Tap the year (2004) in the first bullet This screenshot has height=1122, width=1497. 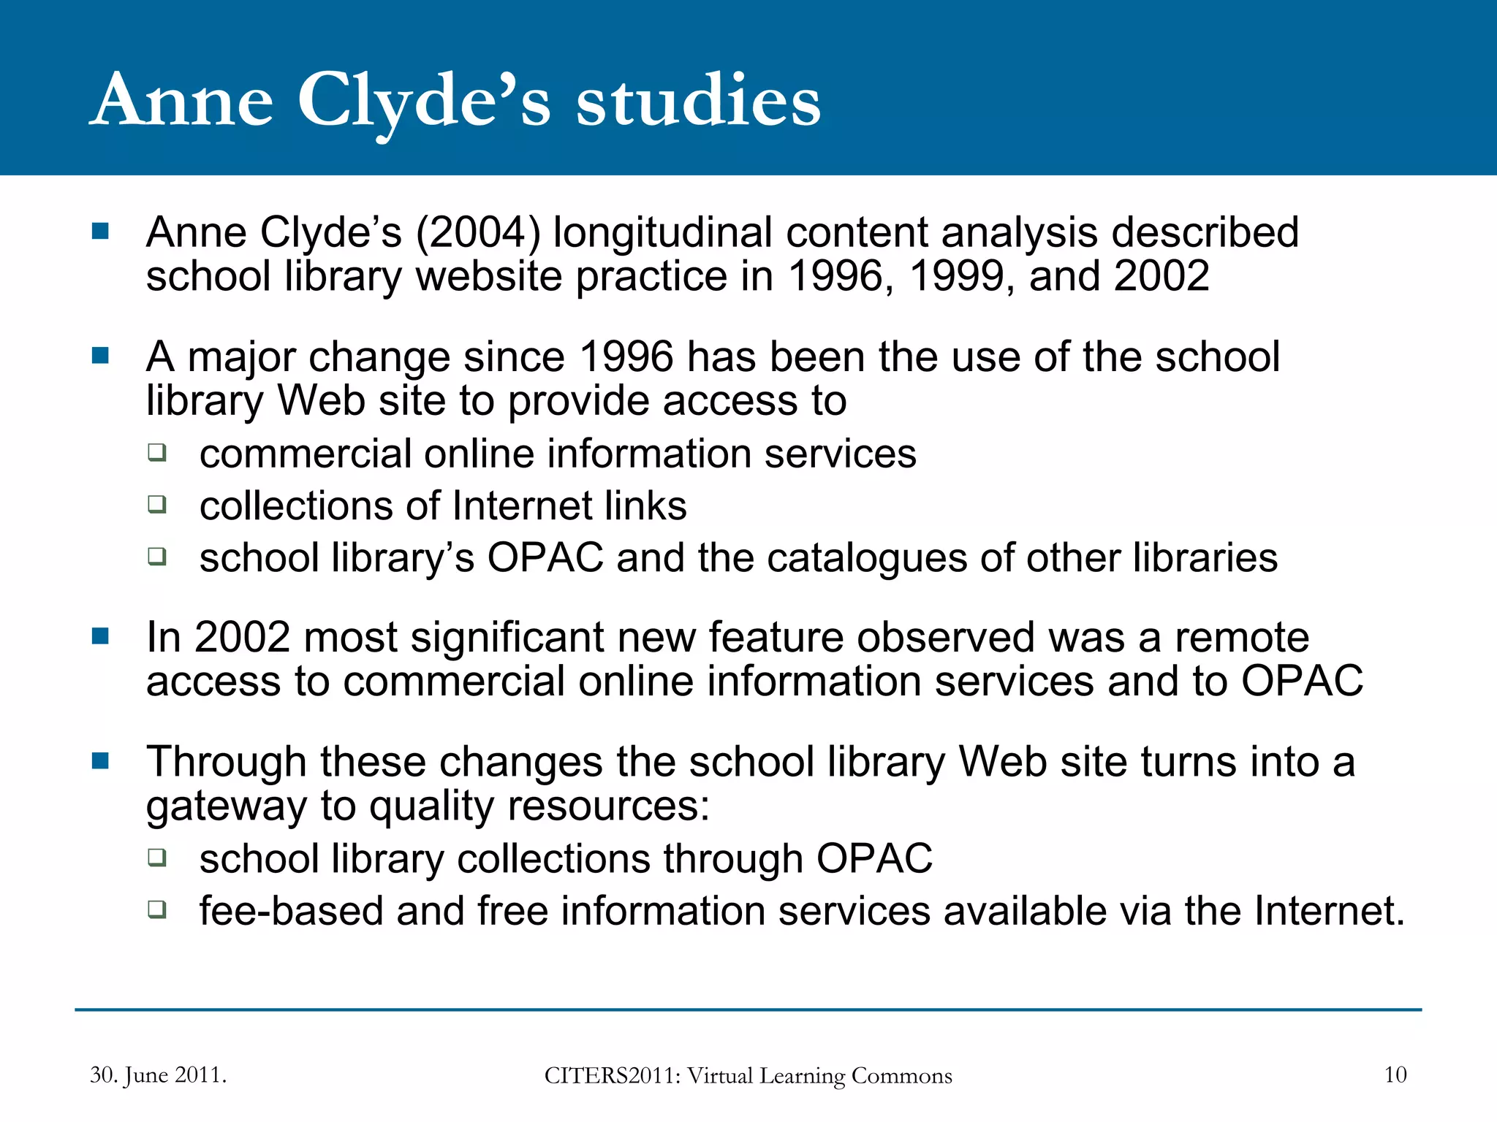tap(478, 233)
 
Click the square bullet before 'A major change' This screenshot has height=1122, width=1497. tap(100, 356)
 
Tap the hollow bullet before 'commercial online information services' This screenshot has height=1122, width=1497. tap(157, 452)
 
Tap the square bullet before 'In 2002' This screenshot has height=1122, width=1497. tap(100, 636)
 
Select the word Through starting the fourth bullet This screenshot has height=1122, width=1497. tap(226, 762)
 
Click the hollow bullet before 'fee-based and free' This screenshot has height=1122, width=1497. tap(157, 909)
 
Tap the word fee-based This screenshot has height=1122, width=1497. tap(292, 912)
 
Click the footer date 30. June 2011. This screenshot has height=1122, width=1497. tap(158, 1075)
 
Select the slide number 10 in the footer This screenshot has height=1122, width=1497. tap(1395, 1075)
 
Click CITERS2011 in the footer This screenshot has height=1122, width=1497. tap(612, 1076)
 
